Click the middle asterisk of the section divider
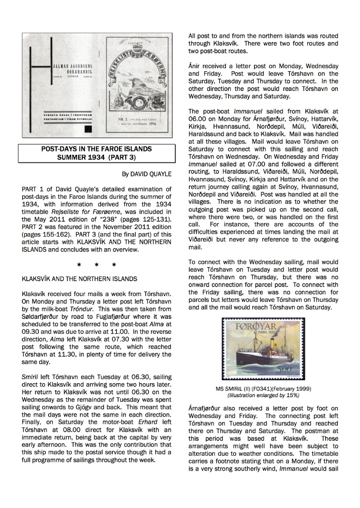coord(97,265)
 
